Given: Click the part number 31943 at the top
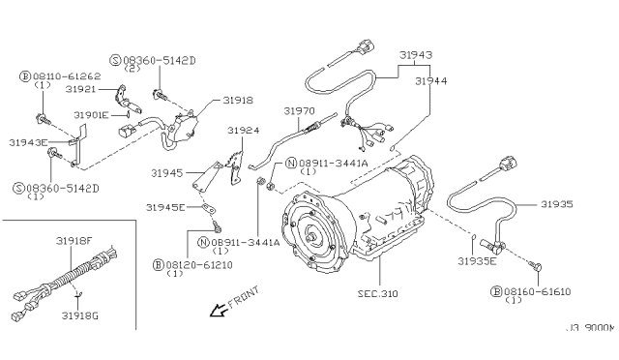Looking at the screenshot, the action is point(415,54).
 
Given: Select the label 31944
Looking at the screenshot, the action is point(431,81).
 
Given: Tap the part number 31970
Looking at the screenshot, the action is point(299,111).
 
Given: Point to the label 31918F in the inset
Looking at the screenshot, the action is point(74,241).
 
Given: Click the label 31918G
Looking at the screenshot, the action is point(79,315).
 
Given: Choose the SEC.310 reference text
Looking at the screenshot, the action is point(378,294).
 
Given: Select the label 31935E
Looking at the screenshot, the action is point(477,261).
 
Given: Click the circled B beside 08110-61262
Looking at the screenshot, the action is point(24,76).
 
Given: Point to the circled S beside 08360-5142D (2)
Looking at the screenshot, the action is point(115,60).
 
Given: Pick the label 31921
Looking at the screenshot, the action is point(80,89).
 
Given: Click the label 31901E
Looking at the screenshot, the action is point(91,115).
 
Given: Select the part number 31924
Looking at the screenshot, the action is point(243,131).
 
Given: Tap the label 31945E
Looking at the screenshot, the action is point(165,207).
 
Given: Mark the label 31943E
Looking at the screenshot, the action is point(28,142).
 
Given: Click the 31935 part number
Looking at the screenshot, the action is point(557,204).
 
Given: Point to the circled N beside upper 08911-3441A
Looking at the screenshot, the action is point(291,163).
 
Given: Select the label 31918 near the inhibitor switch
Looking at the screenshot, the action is point(238,101).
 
